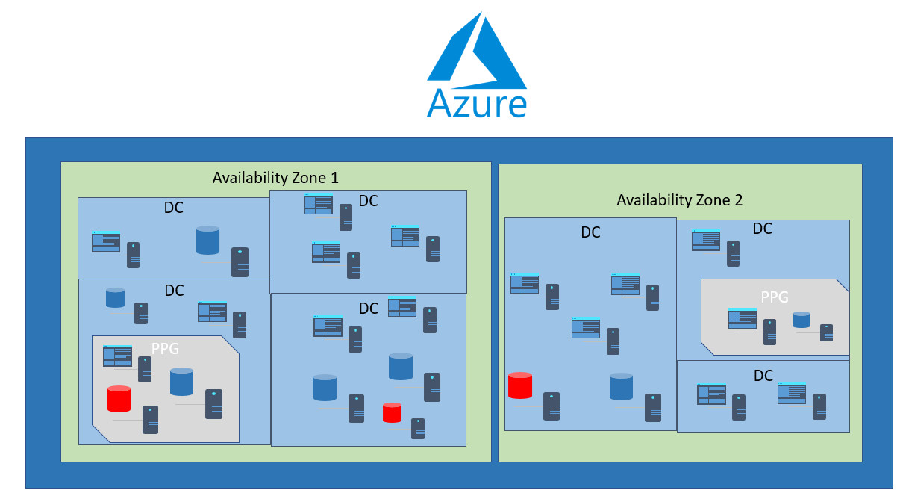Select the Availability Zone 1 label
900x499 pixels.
tap(275, 178)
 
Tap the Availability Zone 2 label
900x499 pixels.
tap(679, 200)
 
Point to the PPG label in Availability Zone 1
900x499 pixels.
tap(165, 348)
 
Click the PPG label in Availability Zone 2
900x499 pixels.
tap(774, 297)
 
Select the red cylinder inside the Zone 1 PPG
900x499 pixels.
tap(119, 399)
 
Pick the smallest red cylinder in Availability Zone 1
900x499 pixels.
tap(392, 412)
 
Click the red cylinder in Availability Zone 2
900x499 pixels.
tap(519, 385)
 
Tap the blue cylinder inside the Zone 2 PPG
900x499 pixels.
tap(801, 320)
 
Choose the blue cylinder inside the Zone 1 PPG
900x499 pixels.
tap(181, 382)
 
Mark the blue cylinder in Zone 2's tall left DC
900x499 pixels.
tap(621, 386)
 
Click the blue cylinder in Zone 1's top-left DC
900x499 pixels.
tap(207, 240)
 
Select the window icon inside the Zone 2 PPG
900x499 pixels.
tap(743, 319)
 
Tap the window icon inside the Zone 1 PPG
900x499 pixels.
tap(117, 356)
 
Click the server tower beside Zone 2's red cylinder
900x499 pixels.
tap(551, 406)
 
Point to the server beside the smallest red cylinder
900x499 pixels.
tap(418, 428)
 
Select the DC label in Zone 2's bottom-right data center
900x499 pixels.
tap(763, 376)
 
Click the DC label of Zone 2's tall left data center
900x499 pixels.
tap(590, 232)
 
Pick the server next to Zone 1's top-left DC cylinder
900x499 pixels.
tap(240, 262)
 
